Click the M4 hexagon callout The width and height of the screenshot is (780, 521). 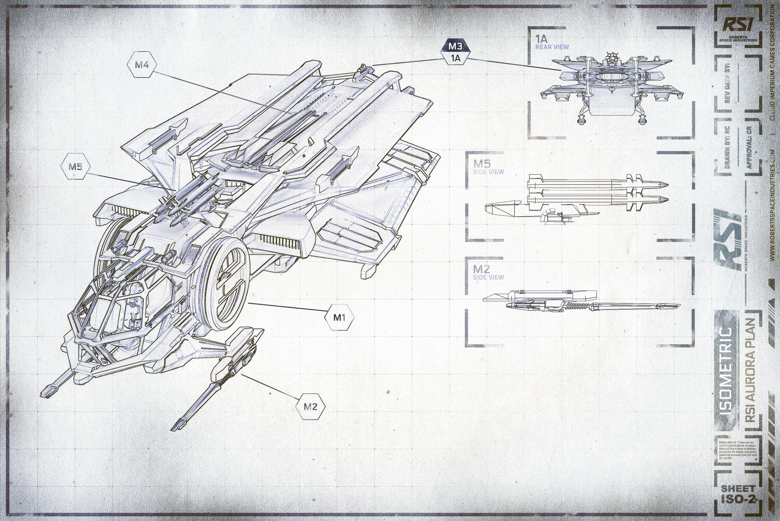click(142, 65)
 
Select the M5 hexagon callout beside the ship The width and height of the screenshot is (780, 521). click(75, 167)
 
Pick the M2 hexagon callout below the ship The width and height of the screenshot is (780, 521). click(310, 406)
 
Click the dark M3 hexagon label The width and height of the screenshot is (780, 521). click(455, 46)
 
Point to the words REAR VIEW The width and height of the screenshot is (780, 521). click(552, 47)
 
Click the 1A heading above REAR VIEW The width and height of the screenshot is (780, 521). click(542, 39)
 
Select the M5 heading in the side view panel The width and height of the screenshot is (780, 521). click(482, 164)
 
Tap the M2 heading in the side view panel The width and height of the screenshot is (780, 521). click(482, 269)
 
